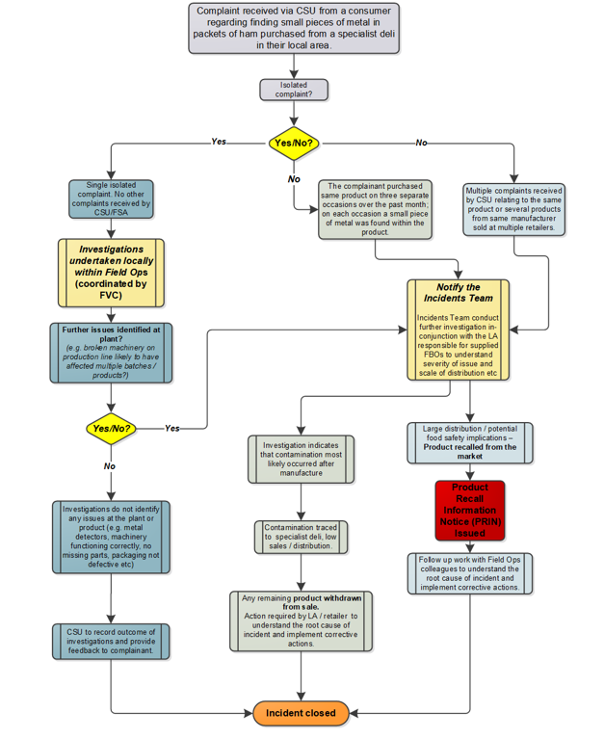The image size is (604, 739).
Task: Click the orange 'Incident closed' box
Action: click(x=301, y=713)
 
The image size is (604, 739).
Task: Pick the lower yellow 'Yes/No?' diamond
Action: click(x=111, y=428)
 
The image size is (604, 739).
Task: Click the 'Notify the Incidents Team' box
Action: click(x=458, y=330)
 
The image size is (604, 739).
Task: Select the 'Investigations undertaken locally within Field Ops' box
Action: click(x=111, y=272)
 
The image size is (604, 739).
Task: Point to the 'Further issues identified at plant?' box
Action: click(x=111, y=352)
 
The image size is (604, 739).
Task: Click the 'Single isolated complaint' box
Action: click(x=111, y=198)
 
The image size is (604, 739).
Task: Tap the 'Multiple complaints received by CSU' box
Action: click(x=514, y=209)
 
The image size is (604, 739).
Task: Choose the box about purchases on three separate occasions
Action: click(x=375, y=209)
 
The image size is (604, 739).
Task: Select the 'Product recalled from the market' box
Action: click(x=469, y=442)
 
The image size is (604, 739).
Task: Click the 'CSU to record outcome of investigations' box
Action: click(x=111, y=641)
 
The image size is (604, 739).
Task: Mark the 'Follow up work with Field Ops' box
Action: click(x=469, y=573)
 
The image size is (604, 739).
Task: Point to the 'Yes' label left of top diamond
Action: click(x=219, y=142)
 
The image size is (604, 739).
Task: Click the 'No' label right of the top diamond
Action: click(x=421, y=143)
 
